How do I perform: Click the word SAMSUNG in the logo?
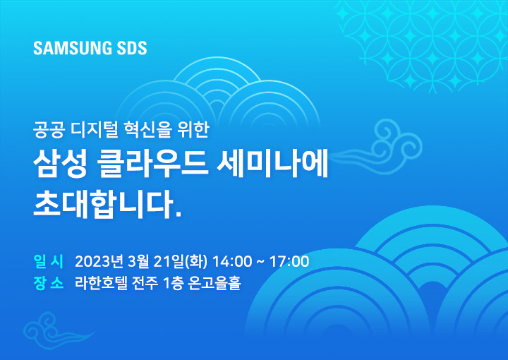(68, 48)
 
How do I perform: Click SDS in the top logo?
(128, 48)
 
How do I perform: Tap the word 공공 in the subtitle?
(48, 130)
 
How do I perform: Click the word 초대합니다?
(107, 205)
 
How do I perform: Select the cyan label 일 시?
(49, 261)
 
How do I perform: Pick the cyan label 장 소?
(49, 283)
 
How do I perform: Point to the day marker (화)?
(196, 261)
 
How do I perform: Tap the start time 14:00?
(232, 261)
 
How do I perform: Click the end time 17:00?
(289, 261)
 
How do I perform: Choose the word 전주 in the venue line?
(145, 283)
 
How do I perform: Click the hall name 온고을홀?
(214, 283)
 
